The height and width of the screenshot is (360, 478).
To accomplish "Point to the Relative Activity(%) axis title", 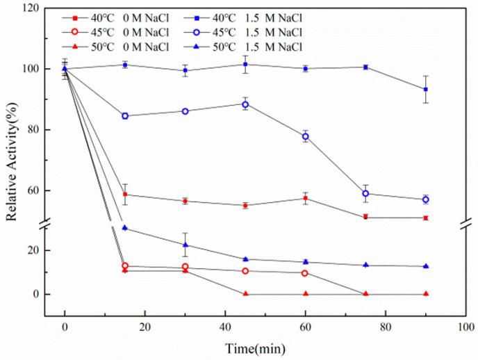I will (x=12, y=167).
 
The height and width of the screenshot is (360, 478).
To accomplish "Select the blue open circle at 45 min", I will (x=245, y=104).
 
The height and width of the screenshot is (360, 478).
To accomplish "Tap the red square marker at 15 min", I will (x=125, y=195).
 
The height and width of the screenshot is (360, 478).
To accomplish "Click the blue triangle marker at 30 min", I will (x=186, y=245).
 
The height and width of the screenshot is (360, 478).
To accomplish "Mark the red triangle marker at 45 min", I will (x=245, y=294).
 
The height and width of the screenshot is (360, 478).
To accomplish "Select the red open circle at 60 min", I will (x=305, y=273).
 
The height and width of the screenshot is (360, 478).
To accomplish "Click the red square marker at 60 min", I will (x=305, y=199).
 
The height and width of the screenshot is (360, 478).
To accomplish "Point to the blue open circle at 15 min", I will (x=125, y=116).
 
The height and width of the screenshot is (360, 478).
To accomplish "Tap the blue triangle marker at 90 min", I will (x=425, y=266).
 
